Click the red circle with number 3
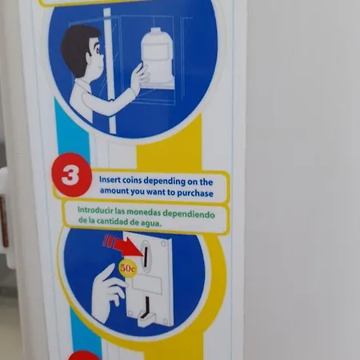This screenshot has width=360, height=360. click(71, 175)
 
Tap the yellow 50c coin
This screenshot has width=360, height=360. click(127, 268)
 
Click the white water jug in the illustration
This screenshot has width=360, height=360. click(157, 56)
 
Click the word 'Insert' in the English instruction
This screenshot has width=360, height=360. click(110, 179)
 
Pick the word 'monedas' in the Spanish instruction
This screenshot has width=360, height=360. click(144, 212)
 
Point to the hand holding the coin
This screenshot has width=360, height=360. click(108, 290)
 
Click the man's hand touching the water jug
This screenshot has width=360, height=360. click(139, 78)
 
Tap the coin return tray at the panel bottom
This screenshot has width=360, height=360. click(146, 319)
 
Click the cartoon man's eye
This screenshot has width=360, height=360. click(98, 50)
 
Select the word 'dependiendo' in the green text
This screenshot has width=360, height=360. click(189, 214)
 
